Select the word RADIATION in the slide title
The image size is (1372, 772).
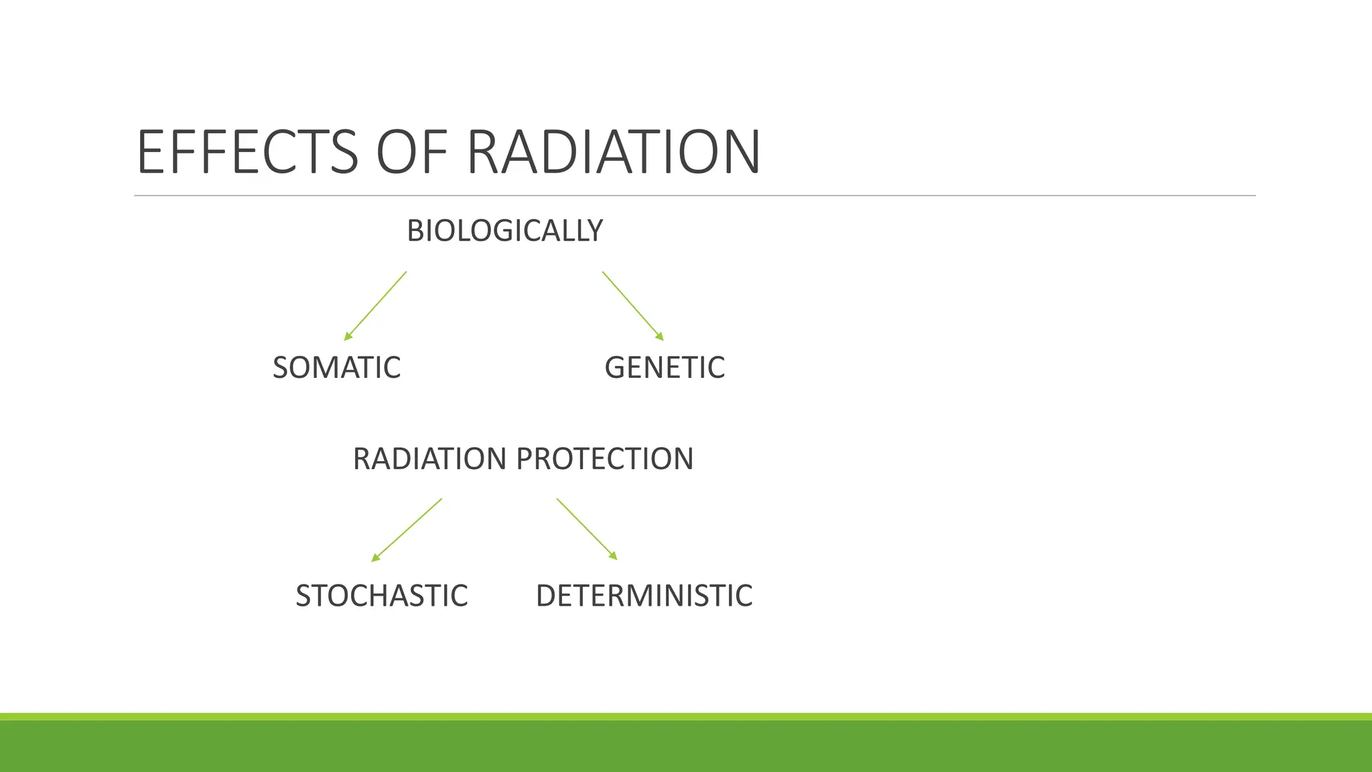[x=613, y=152]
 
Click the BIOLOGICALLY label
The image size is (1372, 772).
[x=504, y=231]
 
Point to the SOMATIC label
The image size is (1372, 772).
[x=336, y=368]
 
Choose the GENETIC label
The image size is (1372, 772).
[x=665, y=368]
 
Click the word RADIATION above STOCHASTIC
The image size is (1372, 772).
[x=429, y=459]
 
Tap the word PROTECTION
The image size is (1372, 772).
[x=605, y=459]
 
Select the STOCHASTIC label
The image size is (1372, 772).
[x=381, y=596]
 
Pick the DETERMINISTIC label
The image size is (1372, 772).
[x=644, y=596]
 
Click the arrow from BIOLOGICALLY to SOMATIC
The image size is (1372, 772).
[x=376, y=306]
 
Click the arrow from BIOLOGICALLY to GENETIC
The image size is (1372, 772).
[x=632, y=306]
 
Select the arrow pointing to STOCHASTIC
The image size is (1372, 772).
[x=407, y=529]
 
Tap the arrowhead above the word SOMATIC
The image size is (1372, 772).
[x=347, y=337]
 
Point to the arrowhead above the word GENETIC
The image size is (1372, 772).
[x=661, y=337]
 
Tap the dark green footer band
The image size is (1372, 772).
[x=686, y=747]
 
